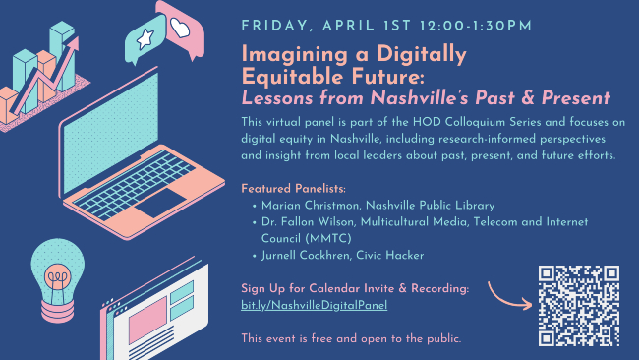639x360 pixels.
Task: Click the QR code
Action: point(579,306)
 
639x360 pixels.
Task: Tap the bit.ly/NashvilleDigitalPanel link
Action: point(314,305)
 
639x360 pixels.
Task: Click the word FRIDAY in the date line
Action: point(277,22)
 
